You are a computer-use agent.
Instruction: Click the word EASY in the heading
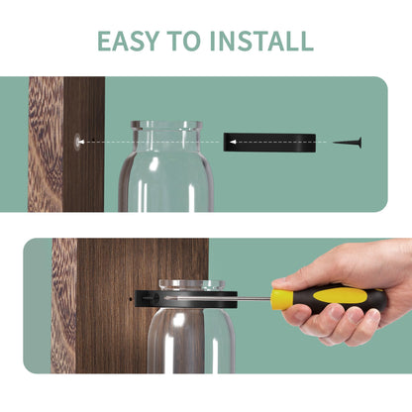[x=128, y=41]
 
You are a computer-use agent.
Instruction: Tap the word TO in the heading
[x=183, y=41]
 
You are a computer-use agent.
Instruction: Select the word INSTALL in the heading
[x=261, y=41]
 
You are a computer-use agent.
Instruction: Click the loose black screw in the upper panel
[x=347, y=143]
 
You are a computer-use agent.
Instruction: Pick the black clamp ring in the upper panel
[x=269, y=143]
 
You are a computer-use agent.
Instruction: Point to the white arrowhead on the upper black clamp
[x=233, y=142]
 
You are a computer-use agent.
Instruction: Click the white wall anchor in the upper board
[x=78, y=142]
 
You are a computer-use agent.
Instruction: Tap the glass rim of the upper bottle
[x=166, y=125]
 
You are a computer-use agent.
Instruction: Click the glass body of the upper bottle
[x=166, y=180]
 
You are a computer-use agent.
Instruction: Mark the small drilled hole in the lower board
[x=131, y=299]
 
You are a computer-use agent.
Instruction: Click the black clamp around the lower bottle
[x=186, y=299]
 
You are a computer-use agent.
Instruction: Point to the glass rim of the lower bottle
[x=192, y=285]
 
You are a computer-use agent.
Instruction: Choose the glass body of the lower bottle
[x=191, y=341]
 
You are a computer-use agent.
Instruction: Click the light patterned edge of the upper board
[x=46, y=145]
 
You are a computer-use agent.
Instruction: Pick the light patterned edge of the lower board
[x=64, y=306]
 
